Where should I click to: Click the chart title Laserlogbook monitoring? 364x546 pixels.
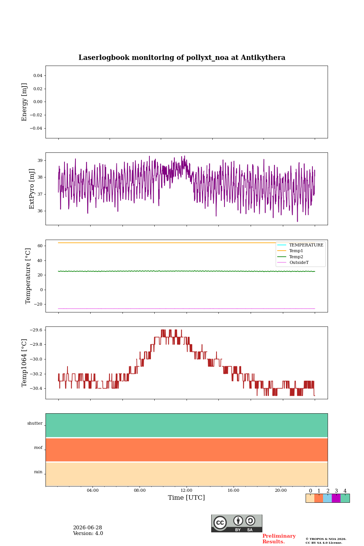pyautogui.click(x=182, y=58)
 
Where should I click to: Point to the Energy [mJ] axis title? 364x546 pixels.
pyautogui.click(x=24, y=102)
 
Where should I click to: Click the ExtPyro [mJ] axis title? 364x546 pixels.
pyautogui.click(x=32, y=189)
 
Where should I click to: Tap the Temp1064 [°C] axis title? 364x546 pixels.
pyautogui.click(x=24, y=363)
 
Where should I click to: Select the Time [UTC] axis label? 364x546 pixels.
pyautogui.click(x=186, y=497)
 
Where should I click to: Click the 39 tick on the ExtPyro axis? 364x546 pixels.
pyautogui.click(x=40, y=160)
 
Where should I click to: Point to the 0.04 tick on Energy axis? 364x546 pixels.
pyautogui.click(x=38, y=75)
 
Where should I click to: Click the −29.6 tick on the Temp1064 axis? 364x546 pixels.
pyautogui.click(x=36, y=330)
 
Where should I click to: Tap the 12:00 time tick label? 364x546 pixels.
pyautogui.click(x=186, y=490)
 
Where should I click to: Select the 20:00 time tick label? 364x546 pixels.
pyautogui.click(x=281, y=490)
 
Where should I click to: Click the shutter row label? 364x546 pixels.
pyautogui.click(x=35, y=423)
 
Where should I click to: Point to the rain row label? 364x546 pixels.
pyautogui.click(x=38, y=472)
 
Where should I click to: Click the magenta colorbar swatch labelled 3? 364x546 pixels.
pyautogui.click(x=336, y=498)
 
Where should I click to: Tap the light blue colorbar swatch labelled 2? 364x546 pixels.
pyautogui.click(x=328, y=498)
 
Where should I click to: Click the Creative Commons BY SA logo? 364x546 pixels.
pyautogui.click(x=237, y=523)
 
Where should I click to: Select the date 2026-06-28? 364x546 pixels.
pyautogui.click(x=88, y=527)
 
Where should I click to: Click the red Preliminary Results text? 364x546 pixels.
pyautogui.click(x=279, y=539)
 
